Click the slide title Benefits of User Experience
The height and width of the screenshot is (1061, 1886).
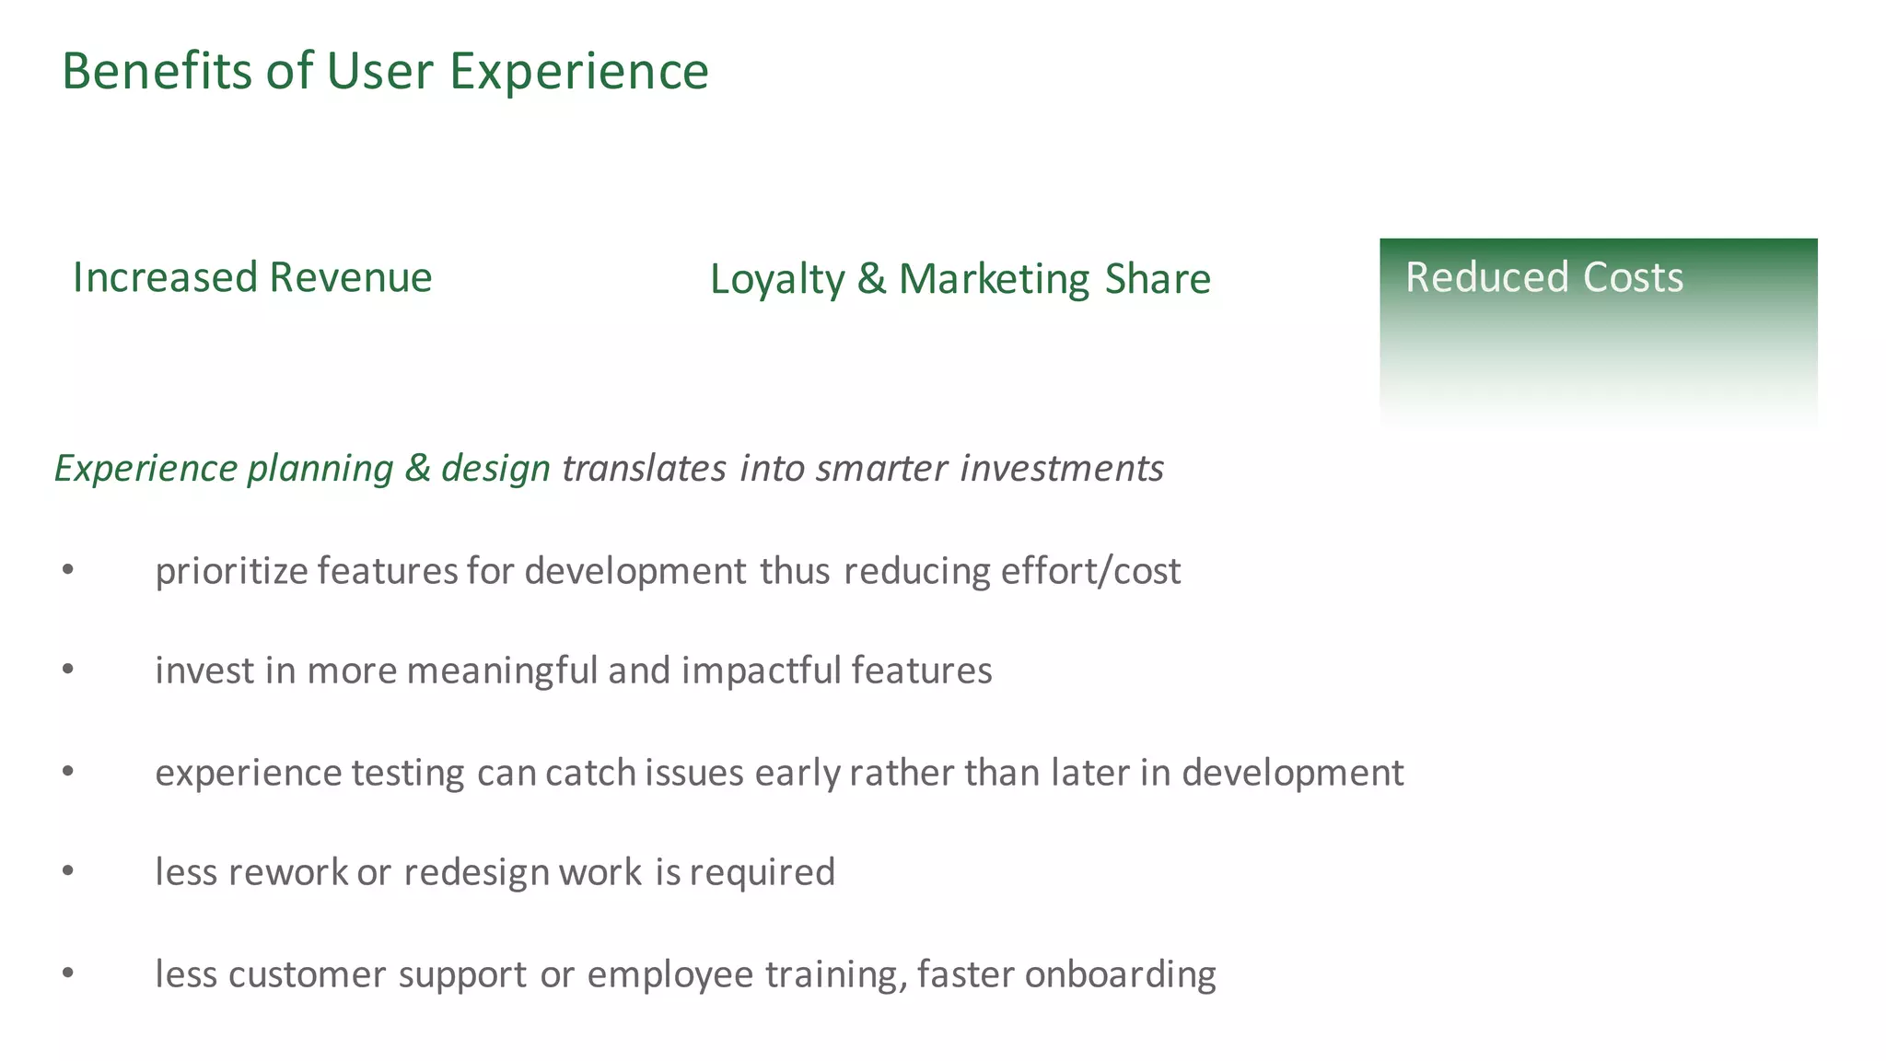385,72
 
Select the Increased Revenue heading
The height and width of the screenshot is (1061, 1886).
252,278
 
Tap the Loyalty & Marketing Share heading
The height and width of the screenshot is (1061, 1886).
960,280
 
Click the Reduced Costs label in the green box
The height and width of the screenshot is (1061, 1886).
1543,278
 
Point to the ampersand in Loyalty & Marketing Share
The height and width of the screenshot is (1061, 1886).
871,280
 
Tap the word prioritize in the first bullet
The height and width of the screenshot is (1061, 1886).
231,572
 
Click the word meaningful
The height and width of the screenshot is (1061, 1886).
502,671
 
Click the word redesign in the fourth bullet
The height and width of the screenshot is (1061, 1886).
476,873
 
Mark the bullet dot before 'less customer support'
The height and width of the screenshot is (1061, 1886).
67,973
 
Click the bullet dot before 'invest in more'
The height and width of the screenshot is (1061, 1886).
67,670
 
